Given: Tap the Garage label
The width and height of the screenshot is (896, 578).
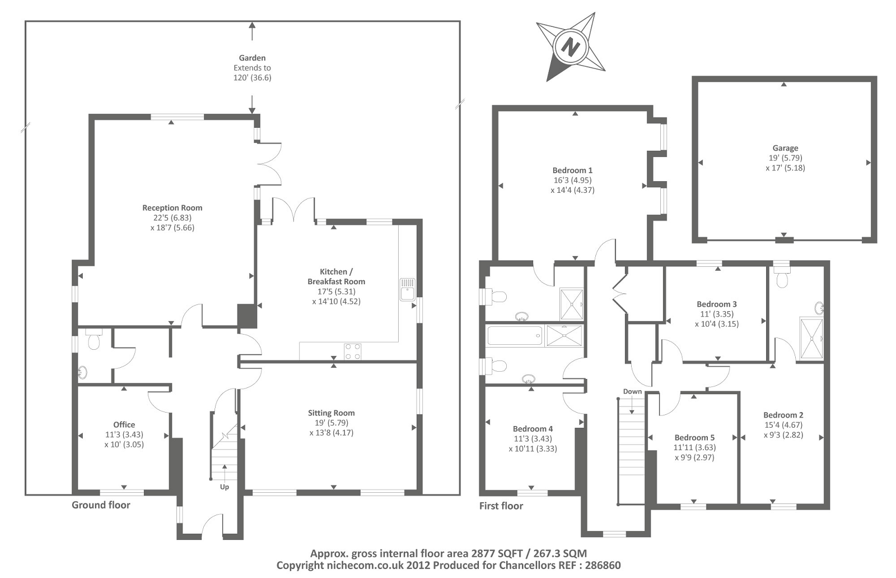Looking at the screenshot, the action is pos(785,148).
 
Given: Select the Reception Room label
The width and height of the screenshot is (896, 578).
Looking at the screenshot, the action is pos(172,208).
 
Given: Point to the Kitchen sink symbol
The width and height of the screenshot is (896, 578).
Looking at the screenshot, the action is pos(408,289).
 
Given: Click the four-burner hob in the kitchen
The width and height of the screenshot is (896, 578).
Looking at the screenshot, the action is pos(352,352).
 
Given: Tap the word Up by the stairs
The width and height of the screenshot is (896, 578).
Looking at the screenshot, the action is pos(225,487).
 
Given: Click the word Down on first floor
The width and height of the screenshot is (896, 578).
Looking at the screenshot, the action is pos(632,391).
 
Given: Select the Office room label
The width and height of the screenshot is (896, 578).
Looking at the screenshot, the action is pos(124,424).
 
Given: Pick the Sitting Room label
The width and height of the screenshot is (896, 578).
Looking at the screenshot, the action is pos(331,413).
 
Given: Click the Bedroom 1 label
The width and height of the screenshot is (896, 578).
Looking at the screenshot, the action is pos(572,170).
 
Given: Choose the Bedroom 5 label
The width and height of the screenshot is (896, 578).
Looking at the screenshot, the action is pos(694,438).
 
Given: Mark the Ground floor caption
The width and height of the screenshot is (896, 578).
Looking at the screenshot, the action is pos(101,505).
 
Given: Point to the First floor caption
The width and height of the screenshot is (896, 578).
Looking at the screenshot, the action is pos(501,506).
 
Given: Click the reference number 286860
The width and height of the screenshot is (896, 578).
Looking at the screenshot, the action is pos(603,566).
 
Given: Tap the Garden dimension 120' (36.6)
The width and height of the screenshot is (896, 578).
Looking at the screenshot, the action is pos(253,78).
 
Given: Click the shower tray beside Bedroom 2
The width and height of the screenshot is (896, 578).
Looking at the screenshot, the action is pos(811,339).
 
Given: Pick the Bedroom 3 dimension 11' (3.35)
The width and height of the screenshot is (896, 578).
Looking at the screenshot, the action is pos(717,314).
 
